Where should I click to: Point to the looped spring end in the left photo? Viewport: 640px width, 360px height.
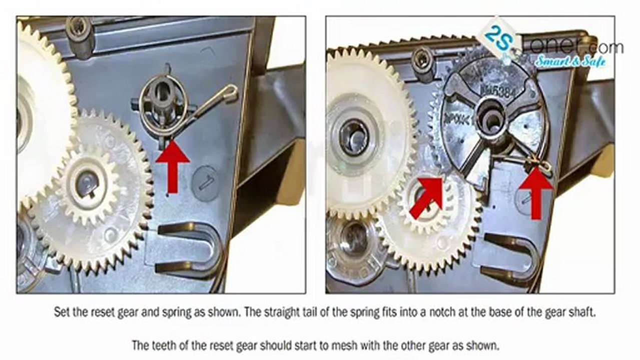pyautogui.click(x=229, y=92)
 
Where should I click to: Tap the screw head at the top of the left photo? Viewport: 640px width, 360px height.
pyautogui.click(x=79, y=27)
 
